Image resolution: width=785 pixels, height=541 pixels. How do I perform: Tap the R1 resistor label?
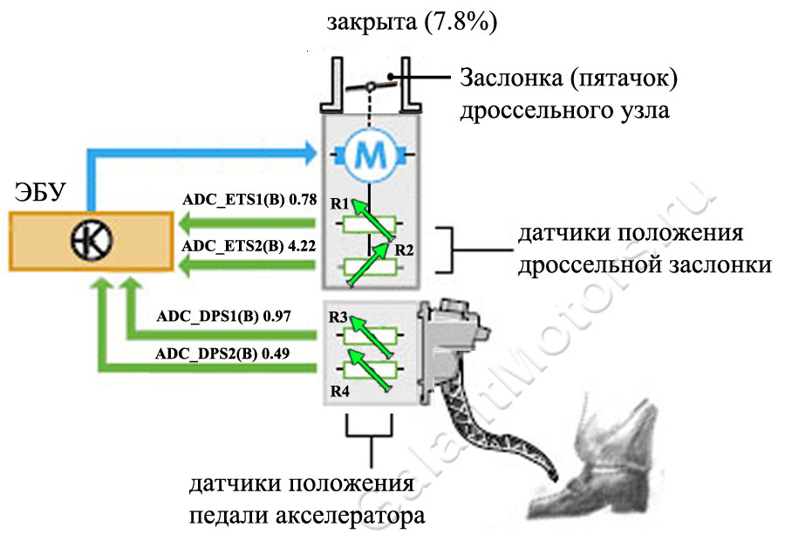pos(339,204)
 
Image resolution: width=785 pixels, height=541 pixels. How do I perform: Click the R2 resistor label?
pos(403,250)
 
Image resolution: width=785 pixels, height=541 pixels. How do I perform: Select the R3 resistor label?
pos(338,315)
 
